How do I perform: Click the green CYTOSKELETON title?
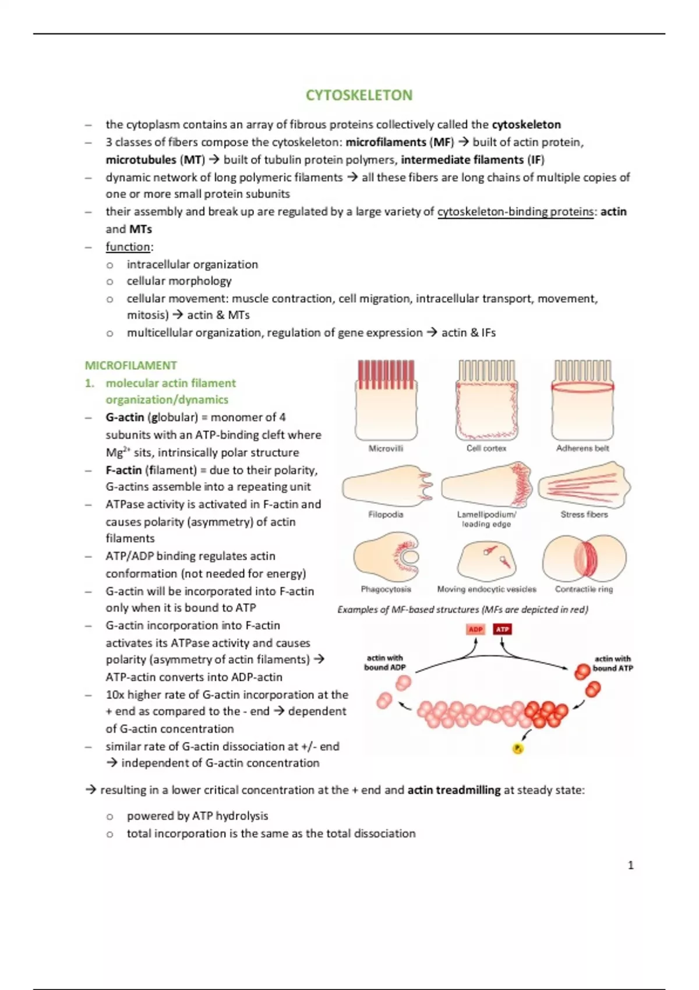click(359, 95)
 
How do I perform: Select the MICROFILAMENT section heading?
click(131, 366)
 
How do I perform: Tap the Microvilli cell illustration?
click(386, 400)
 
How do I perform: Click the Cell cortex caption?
click(486, 448)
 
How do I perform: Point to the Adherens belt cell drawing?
click(582, 400)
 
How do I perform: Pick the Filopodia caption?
click(386, 514)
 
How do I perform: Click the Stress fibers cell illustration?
click(584, 485)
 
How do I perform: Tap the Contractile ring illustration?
click(584, 558)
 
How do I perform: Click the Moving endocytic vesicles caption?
click(486, 589)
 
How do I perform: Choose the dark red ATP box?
click(502, 629)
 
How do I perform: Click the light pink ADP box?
click(475, 629)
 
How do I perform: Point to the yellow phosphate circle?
click(518, 748)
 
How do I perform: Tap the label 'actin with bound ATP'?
click(613, 663)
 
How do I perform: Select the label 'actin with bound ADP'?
click(384, 663)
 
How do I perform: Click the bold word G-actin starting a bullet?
click(125, 417)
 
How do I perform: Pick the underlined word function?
click(128, 246)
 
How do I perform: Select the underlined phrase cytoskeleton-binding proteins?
click(515, 212)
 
